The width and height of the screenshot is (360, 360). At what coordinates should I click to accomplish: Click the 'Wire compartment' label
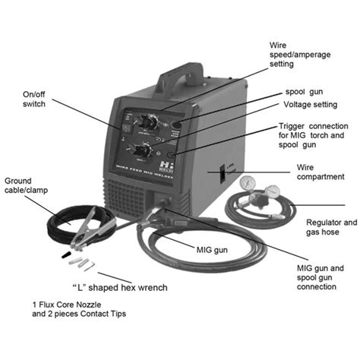pos(318,172)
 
